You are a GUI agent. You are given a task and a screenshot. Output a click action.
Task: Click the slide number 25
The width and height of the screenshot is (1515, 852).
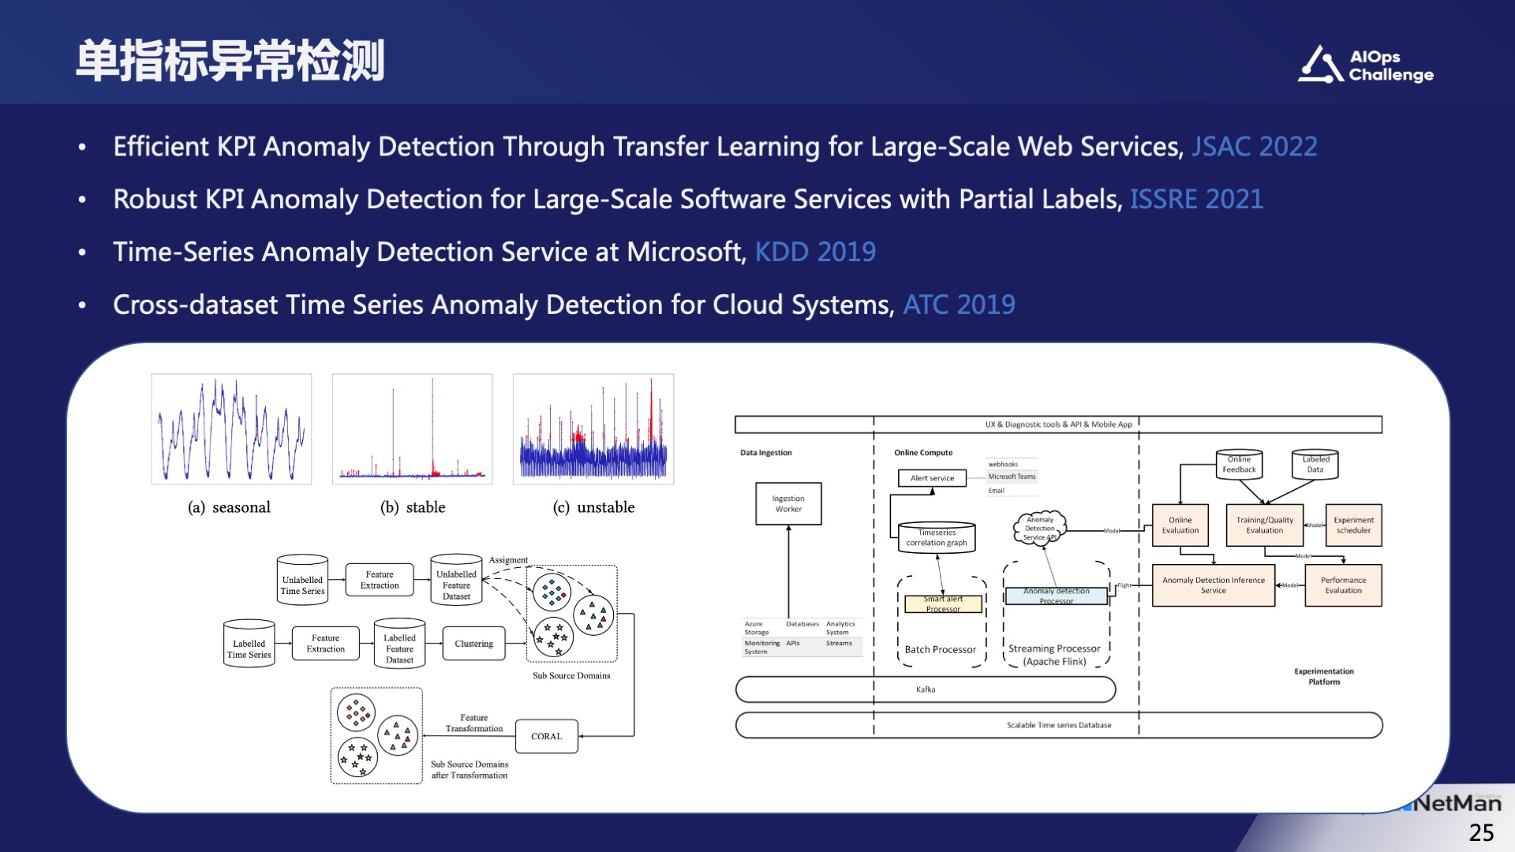(x=1481, y=832)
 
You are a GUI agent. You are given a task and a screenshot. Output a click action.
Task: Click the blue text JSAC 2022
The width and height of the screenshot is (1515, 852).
(x=1254, y=147)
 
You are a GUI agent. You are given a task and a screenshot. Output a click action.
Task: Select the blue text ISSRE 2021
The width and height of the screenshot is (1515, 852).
(x=1196, y=200)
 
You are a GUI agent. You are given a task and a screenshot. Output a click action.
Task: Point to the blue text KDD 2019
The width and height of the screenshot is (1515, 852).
(x=815, y=252)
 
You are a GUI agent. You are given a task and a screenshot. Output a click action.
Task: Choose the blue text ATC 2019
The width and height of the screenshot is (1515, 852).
(x=959, y=305)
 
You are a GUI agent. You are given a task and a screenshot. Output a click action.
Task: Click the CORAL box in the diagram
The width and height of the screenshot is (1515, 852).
(x=546, y=736)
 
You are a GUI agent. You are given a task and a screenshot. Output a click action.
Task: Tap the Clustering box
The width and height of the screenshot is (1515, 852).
(x=473, y=644)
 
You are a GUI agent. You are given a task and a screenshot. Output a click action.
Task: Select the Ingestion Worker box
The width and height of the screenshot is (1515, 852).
(x=788, y=504)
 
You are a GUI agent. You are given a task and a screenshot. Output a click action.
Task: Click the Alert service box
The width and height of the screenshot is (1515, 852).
(x=932, y=478)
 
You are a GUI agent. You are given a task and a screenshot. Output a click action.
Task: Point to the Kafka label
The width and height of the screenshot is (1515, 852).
(x=926, y=689)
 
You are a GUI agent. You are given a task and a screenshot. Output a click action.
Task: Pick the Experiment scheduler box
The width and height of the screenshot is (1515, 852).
(x=1353, y=525)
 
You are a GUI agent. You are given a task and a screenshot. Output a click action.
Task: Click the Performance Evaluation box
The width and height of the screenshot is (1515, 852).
(x=1343, y=585)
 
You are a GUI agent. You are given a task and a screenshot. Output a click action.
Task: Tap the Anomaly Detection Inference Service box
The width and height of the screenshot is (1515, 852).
(x=1213, y=585)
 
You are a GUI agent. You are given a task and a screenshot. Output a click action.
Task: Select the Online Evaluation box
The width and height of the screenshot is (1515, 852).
(x=1180, y=525)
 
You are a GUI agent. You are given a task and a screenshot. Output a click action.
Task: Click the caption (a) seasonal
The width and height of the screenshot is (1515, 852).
(x=229, y=507)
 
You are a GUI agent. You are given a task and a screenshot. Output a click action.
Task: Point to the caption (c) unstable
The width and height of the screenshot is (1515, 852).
(x=593, y=507)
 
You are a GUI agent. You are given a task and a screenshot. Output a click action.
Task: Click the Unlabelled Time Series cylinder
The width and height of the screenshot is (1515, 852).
(x=302, y=581)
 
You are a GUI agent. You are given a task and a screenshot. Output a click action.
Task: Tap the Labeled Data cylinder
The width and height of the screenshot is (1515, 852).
(x=1315, y=465)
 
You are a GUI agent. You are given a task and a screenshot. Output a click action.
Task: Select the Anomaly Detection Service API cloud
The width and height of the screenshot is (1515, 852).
(x=1039, y=529)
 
